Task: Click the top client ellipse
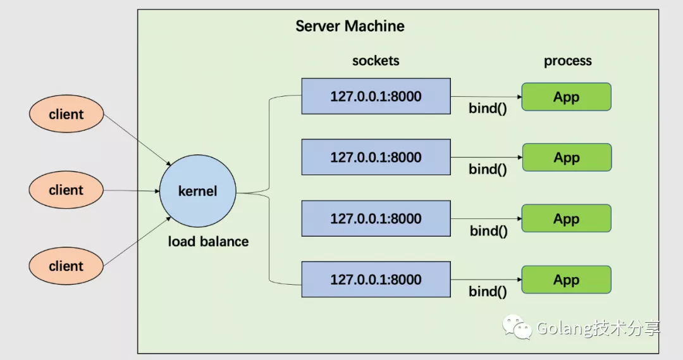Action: pos(66,115)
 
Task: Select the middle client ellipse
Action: pos(66,190)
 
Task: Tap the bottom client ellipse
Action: pos(66,266)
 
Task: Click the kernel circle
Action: pos(197,191)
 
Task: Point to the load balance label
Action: pos(208,241)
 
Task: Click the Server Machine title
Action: pos(350,27)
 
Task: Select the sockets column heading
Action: pos(376,61)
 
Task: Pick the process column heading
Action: pos(568,61)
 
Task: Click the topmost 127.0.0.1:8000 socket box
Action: pos(376,96)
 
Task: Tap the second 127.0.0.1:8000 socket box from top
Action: pos(376,157)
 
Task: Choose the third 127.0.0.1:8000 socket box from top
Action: pos(376,218)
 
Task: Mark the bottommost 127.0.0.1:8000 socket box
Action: pos(376,279)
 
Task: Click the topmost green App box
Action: pos(567,97)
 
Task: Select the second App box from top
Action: pos(567,157)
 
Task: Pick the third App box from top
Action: pos(567,218)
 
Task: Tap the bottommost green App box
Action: pos(567,279)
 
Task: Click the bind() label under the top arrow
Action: pos(488,108)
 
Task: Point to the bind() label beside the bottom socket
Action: pos(488,291)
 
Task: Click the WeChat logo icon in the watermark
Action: pos(517,327)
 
